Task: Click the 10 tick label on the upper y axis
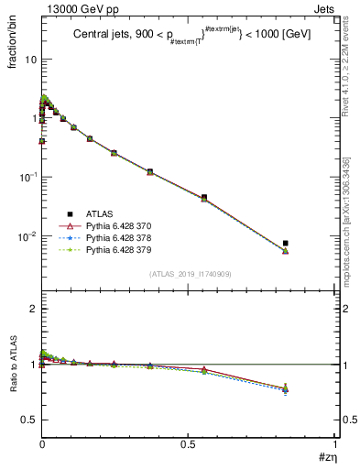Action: click(29, 59)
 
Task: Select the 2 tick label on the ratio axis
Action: click(32, 309)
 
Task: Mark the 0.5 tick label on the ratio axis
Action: click(27, 420)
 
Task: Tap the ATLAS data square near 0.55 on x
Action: click(203, 197)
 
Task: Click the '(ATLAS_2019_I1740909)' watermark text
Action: click(189, 274)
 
